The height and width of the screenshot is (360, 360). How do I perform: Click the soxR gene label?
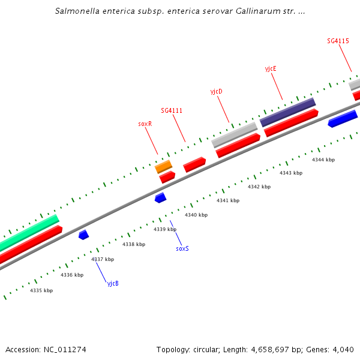coord(145,124)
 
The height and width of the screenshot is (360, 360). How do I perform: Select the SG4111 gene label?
coord(172,110)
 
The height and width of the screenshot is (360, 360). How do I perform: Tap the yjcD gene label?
coord(216,91)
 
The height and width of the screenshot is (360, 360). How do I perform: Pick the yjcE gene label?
coord(271,68)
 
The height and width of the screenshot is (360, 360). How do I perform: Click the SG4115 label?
coord(338,41)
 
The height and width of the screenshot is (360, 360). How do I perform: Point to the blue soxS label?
coord(182,248)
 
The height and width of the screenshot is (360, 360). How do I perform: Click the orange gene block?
coord(164,166)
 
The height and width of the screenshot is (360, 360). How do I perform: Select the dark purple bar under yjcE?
coord(287,112)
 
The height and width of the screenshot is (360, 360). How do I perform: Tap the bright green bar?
coord(30,233)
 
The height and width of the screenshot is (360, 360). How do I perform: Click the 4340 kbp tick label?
coord(196,215)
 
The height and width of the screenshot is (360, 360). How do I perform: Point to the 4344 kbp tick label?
coord(323,160)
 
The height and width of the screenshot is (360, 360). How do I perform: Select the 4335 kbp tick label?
coord(41,290)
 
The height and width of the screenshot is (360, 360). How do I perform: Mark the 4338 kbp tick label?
coord(134,244)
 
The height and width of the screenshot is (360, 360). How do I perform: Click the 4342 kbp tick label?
coord(259,187)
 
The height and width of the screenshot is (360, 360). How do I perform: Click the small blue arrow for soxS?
coord(160,197)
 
